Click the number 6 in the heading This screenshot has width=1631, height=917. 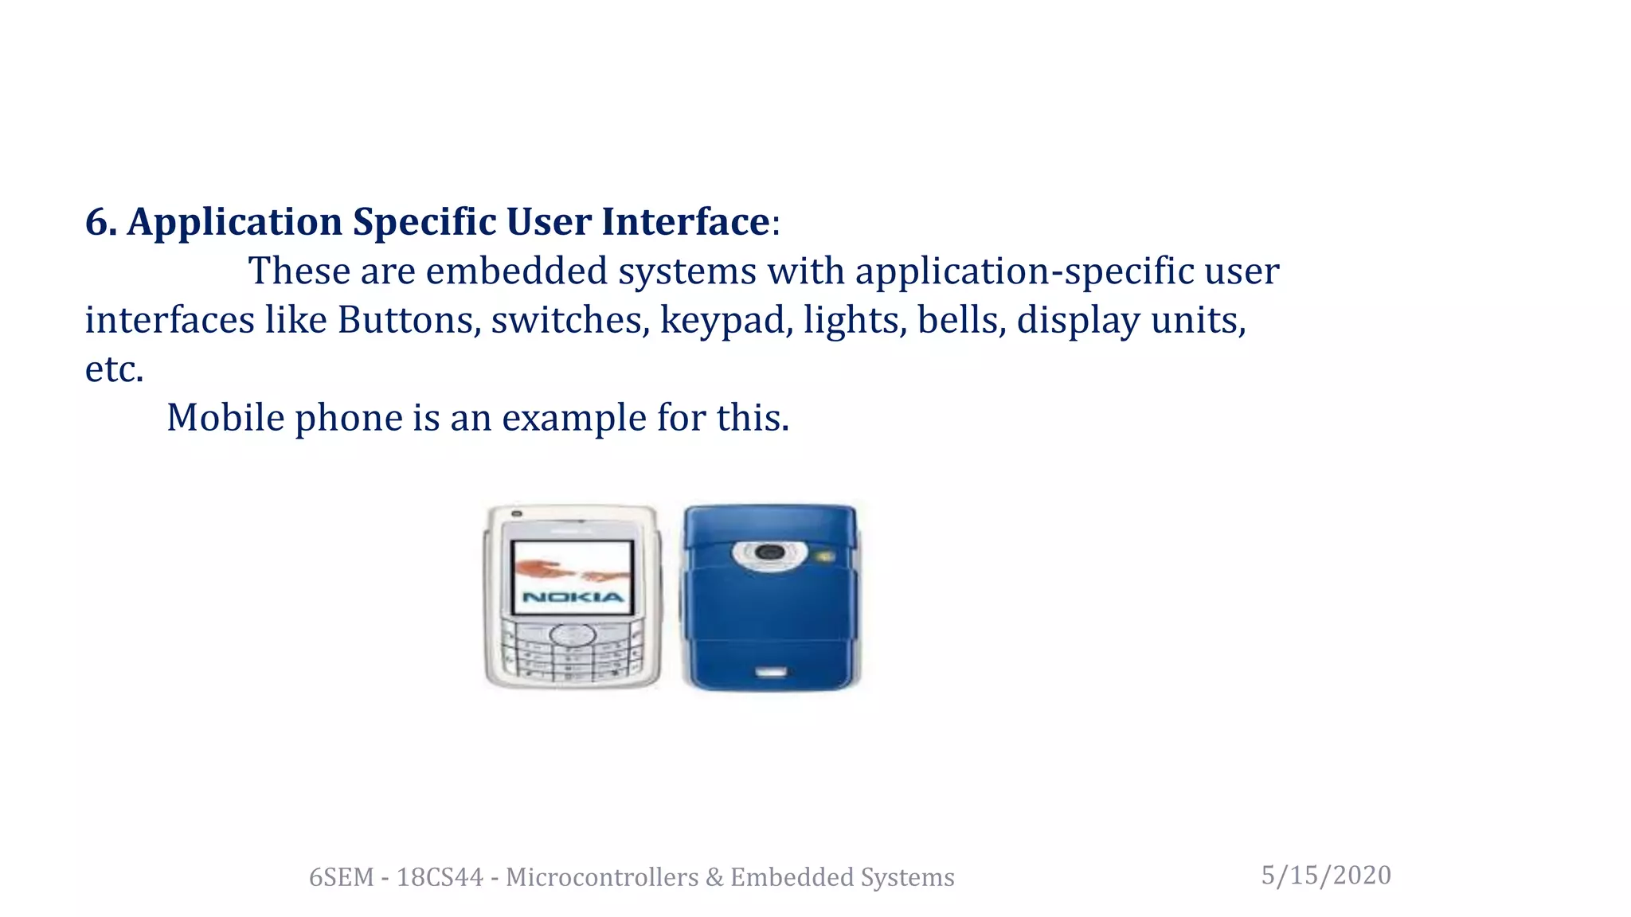pyautogui.click(x=96, y=222)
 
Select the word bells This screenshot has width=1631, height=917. pyautogui.click(x=961, y=321)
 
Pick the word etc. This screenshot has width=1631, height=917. pyautogui.click(x=114, y=369)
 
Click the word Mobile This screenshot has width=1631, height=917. pyautogui.click(x=225, y=418)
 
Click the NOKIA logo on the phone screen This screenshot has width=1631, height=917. pyautogui.click(x=573, y=597)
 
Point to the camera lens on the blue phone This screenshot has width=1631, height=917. pyautogui.click(x=769, y=552)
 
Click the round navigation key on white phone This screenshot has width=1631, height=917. pyautogui.click(x=573, y=635)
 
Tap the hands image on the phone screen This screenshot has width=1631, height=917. pyautogui.click(x=572, y=570)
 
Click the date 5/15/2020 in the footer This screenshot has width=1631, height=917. pyautogui.click(x=1326, y=876)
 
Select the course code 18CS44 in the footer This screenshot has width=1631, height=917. pyautogui.click(x=440, y=877)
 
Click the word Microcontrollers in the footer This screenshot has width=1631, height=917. pyautogui.click(x=602, y=877)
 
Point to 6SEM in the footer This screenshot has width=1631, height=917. pyautogui.click(x=341, y=877)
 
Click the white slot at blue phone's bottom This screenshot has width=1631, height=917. pyautogui.click(x=770, y=673)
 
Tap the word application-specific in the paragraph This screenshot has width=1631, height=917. pyautogui.click(x=1024, y=271)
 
